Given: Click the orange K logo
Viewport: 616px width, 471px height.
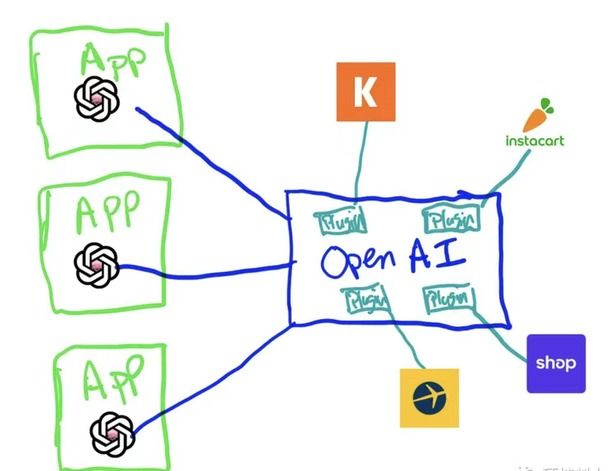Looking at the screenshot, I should coord(365,91).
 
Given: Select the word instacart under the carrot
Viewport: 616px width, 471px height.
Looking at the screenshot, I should coord(535,141).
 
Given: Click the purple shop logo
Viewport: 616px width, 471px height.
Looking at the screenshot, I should coord(556,362).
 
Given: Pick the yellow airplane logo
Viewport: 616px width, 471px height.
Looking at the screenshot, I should coord(429,398).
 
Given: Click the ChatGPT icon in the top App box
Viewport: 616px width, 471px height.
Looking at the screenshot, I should coord(97,99).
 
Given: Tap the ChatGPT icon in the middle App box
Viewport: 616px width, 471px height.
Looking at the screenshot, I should coord(96,265).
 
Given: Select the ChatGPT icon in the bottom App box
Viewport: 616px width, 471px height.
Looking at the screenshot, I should coord(112,432).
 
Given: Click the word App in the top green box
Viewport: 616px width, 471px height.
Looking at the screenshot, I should coord(113,59).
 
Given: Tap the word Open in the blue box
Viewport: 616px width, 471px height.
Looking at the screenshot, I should coord(358,261).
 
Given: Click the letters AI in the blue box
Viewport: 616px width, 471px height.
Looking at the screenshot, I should coord(437,256).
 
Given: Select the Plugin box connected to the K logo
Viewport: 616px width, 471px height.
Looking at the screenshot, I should coord(340,221).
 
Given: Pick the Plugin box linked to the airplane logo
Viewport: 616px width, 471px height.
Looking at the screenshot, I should coord(366,300).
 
